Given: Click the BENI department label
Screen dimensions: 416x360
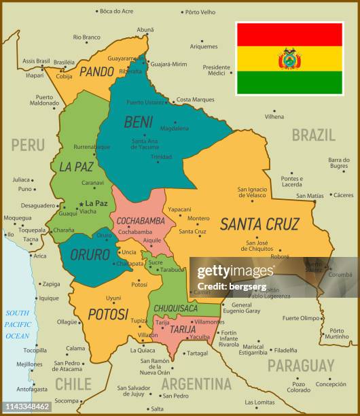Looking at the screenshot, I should [x=138, y=122].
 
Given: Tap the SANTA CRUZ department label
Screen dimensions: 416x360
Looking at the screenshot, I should [x=259, y=223].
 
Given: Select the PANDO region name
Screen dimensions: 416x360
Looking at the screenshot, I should [x=96, y=71].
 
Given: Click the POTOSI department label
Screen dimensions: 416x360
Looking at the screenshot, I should [x=107, y=313].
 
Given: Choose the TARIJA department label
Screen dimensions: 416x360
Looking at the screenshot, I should [x=182, y=330].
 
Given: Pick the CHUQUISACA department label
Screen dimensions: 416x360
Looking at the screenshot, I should [x=175, y=308].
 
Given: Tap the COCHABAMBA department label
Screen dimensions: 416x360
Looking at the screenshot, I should [x=141, y=221].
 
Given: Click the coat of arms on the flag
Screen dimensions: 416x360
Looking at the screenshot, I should [x=289, y=58].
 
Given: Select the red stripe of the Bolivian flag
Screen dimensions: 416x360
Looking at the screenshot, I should [x=289, y=34].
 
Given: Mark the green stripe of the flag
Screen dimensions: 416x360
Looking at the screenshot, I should [x=289, y=83].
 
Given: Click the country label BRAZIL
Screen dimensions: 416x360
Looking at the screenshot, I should [x=313, y=134].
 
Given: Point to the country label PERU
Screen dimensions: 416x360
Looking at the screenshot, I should [x=27, y=145].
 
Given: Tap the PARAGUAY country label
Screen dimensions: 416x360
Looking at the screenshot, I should [x=300, y=365].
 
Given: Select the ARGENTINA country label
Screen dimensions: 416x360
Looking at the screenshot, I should [x=196, y=383].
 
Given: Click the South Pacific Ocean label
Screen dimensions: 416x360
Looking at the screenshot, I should [x=18, y=324].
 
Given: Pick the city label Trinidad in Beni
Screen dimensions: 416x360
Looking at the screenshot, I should [x=161, y=156].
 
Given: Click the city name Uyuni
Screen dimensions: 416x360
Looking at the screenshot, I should [x=113, y=298].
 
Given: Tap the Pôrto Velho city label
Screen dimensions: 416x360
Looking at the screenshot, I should [x=200, y=12].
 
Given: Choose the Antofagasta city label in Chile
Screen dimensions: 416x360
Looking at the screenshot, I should [x=33, y=389].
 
